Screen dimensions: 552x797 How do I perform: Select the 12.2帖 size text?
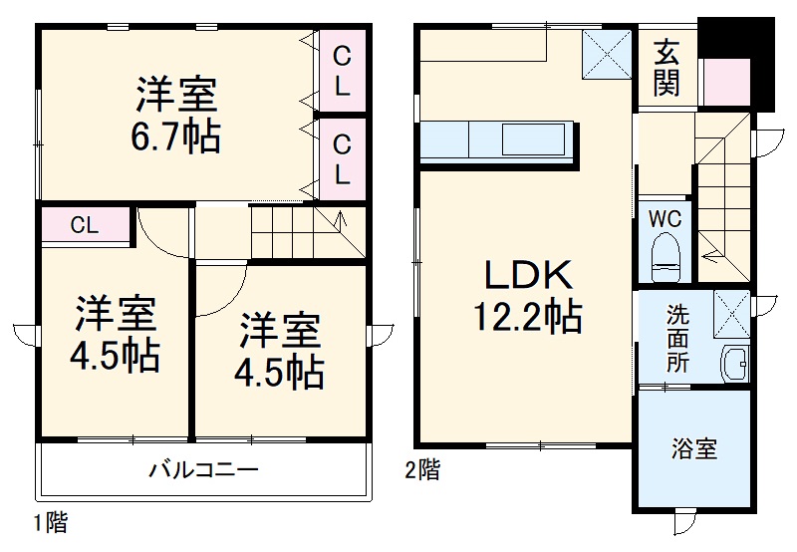coord(527,317)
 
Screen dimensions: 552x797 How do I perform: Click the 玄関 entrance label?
coord(666,69)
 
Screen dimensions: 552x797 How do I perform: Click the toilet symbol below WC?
coord(664,256)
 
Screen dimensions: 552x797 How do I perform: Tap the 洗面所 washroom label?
coord(677,338)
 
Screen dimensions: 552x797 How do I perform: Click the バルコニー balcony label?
coord(203,467)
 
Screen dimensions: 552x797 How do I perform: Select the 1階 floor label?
coord(52,521)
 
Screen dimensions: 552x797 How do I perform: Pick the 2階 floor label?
coord(421,468)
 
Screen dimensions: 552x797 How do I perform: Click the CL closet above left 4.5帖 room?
coord(86,225)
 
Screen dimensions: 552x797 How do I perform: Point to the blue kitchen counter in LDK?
coord(498,140)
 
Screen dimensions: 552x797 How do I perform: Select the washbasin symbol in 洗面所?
coord(735,364)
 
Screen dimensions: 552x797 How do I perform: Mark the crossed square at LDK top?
coord(606,52)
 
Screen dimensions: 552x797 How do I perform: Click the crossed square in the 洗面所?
coord(732,311)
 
